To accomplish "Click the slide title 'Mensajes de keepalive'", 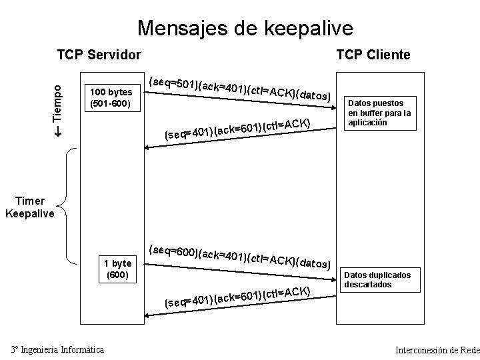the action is (245, 28).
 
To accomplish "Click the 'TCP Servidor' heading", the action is (99, 54).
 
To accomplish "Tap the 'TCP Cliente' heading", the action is (373, 54).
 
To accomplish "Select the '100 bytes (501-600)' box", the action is (111, 98).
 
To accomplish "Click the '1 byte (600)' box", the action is (118, 269).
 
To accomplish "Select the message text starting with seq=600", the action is (239, 257).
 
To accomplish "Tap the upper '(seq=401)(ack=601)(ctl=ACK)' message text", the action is (237, 129).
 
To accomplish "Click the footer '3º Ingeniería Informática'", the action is (58, 349).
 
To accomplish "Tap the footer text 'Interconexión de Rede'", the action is (437, 350).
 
